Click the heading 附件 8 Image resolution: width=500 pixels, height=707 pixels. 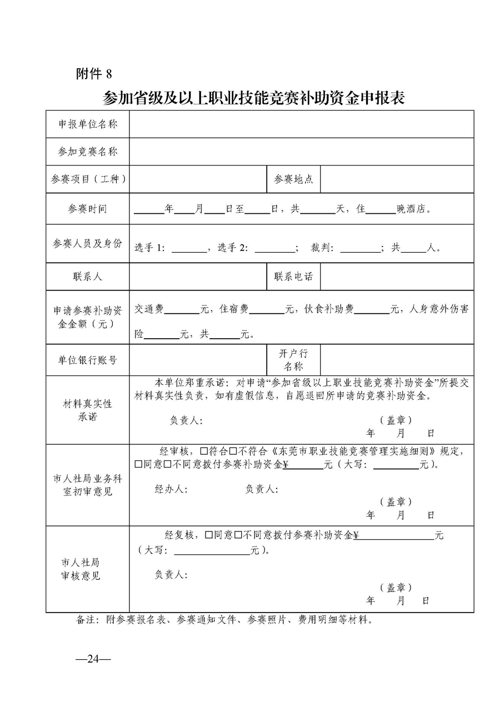click(x=93, y=73)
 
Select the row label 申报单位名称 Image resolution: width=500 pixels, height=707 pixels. click(x=88, y=124)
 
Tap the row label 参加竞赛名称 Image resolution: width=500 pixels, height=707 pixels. click(x=88, y=152)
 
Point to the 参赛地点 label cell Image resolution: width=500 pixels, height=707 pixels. click(x=293, y=179)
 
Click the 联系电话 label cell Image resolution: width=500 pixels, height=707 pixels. click(x=293, y=276)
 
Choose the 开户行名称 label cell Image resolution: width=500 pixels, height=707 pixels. click(x=293, y=359)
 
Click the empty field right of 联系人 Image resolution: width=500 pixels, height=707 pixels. click(x=198, y=276)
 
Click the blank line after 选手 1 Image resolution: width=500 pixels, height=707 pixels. click(x=189, y=249)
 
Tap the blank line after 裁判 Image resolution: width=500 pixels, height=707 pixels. click(x=359, y=249)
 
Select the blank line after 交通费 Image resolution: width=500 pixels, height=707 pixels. click(x=182, y=310)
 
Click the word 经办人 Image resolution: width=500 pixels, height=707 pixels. click(x=171, y=489)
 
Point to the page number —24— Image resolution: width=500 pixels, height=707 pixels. click(x=93, y=659)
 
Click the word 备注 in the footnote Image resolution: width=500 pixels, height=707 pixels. click(x=87, y=619)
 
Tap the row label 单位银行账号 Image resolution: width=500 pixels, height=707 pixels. click(x=88, y=360)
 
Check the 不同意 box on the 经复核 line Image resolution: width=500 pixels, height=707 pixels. click(x=237, y=535)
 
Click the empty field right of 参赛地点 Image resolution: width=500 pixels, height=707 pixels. click(x=397, y=179)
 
